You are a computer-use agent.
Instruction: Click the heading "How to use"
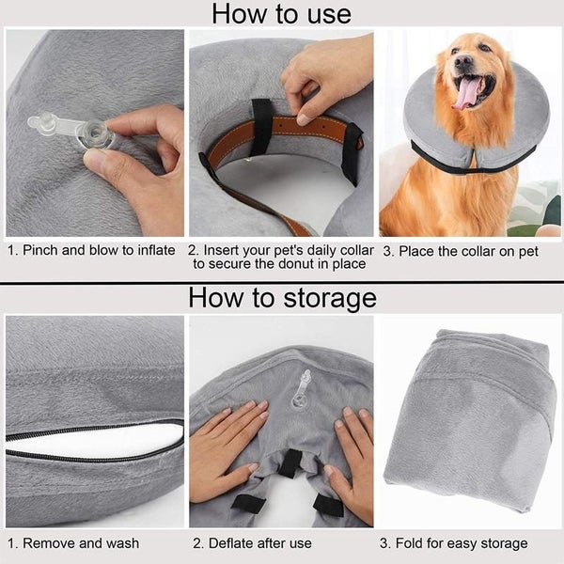tap(281, 14)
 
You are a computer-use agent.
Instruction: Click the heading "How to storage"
tap(282, 298)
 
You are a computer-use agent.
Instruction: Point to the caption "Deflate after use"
tap(253, 543)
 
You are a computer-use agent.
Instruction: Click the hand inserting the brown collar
tap(324, 75)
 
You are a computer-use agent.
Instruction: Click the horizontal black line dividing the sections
tap(282, 282)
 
